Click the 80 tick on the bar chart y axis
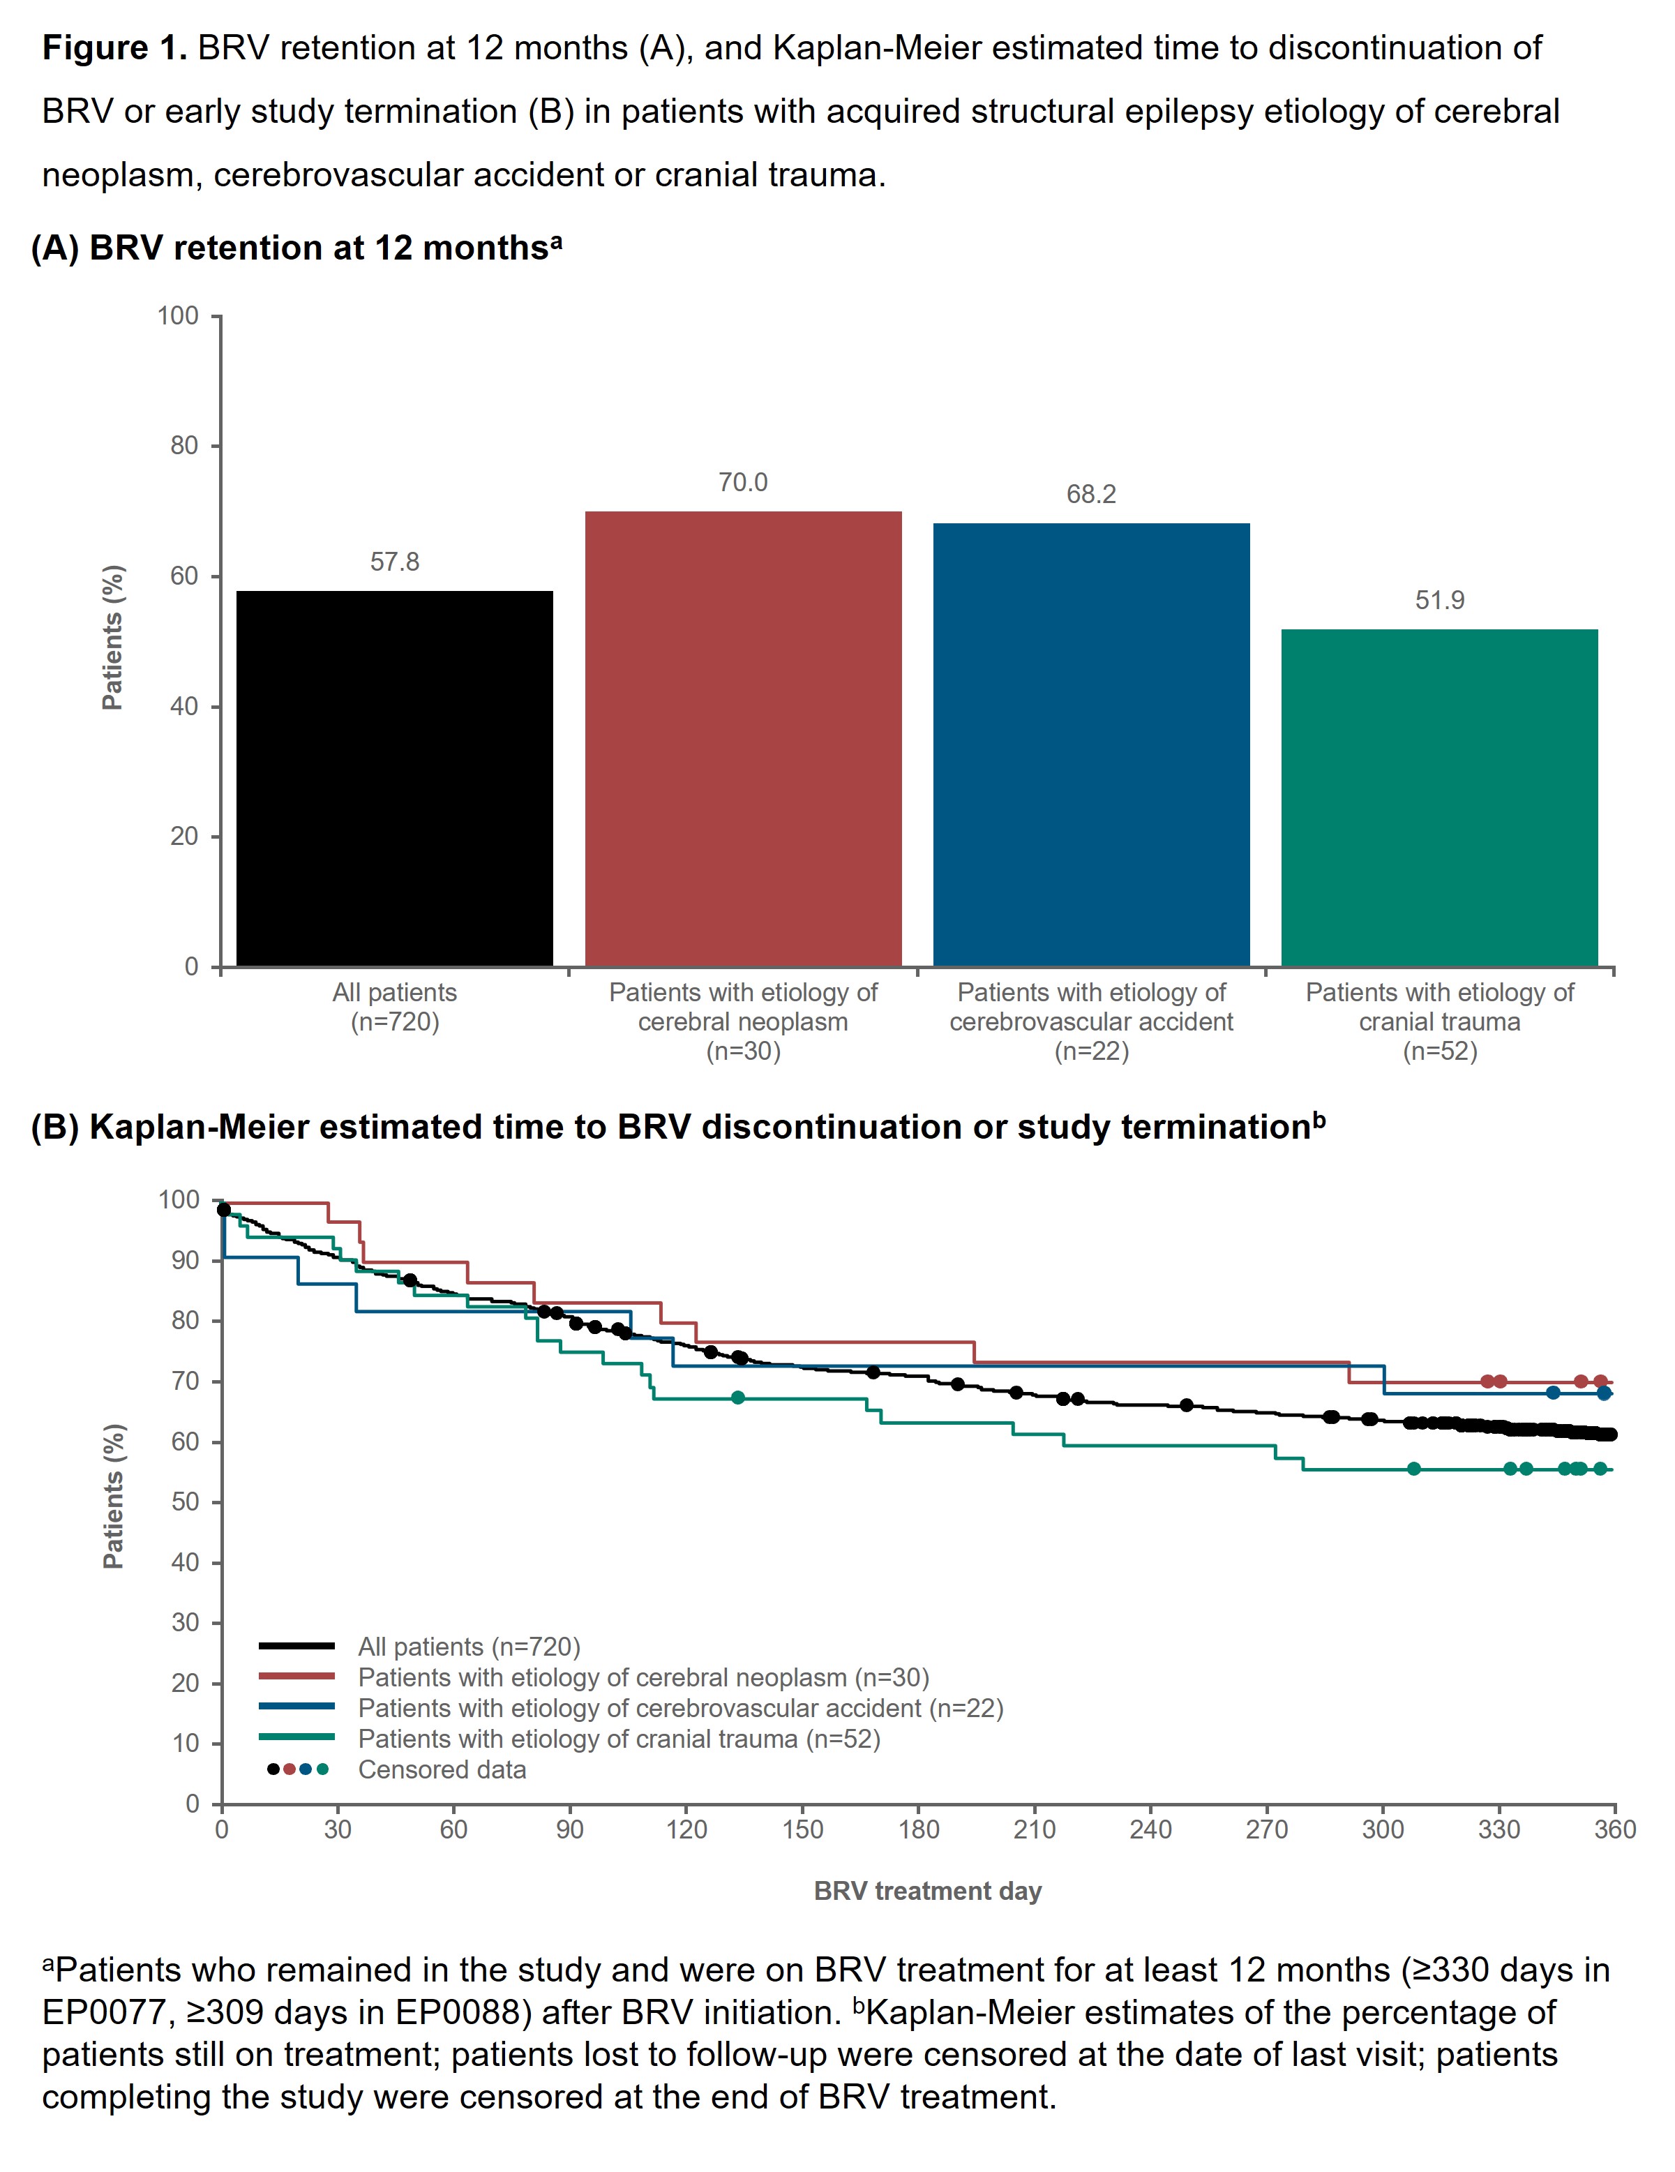point(185,446)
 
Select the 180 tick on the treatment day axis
point(918,1830)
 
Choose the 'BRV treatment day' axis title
point(927,1891)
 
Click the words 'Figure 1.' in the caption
point(114,47)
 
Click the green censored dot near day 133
point(737,1398)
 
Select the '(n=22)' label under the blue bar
point(1091,1051)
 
